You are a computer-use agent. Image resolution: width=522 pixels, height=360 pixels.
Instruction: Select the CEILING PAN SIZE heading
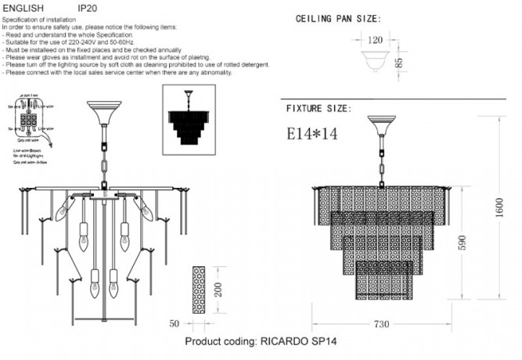point(338,18)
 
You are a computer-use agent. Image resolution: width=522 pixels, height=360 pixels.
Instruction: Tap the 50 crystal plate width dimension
point(175,322)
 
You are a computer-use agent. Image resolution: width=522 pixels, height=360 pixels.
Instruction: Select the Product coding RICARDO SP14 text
point(261,343)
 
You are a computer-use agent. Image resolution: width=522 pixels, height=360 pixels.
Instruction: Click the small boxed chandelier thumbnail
point(188,117)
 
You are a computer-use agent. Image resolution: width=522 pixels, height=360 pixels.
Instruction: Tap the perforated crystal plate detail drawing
point(199,290)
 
